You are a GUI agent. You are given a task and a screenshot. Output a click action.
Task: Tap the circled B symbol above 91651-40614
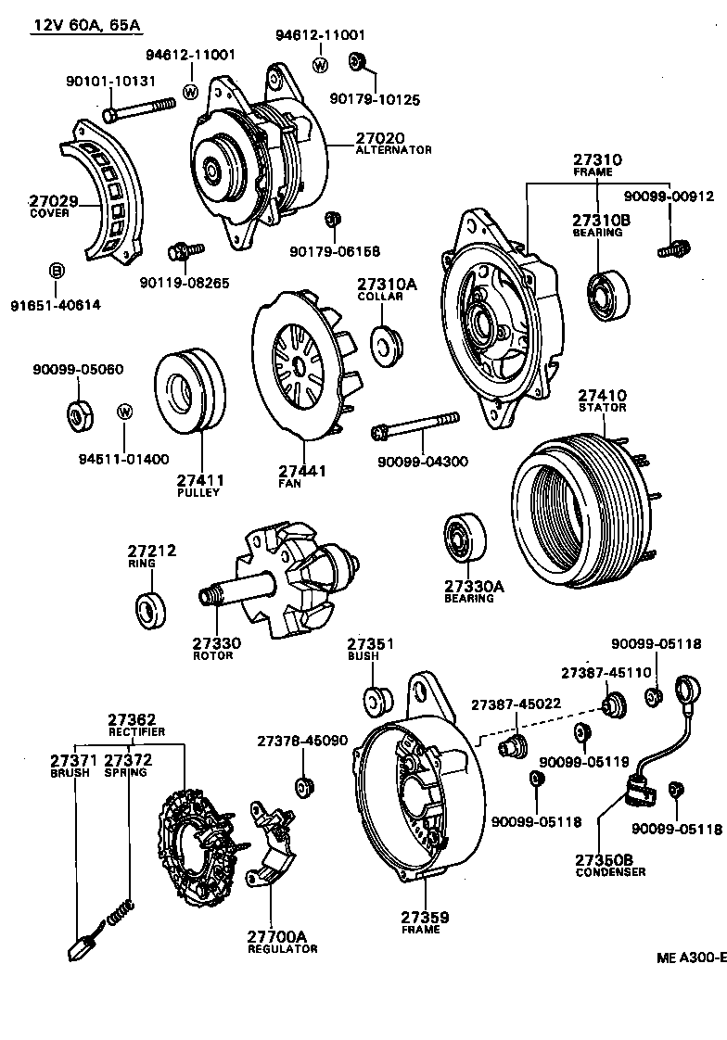tap(56, 271)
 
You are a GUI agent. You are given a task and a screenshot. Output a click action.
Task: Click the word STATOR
tap(602, 407)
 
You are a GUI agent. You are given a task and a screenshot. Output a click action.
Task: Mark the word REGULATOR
tap(282, 948)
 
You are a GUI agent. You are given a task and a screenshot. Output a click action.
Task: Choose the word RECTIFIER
tap(135, 731)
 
